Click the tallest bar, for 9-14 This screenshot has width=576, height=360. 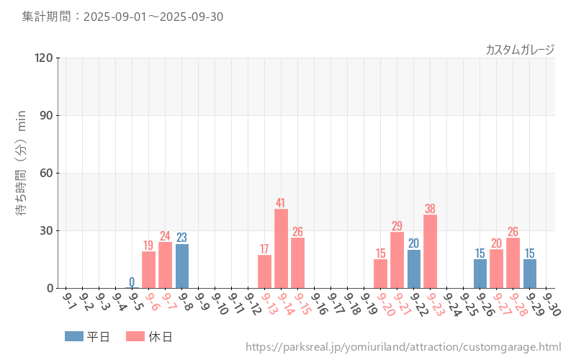click(x=281, y=248)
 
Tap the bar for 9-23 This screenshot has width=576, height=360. click(x=430, y=251)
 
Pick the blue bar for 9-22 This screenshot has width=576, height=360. click(x=413, y=269)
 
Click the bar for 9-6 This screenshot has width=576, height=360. click(x=149, y=270)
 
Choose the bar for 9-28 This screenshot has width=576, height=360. click(x=513, y=263)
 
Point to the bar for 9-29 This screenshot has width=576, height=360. click(x=529, y=274)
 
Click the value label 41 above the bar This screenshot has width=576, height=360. click(x=281, y=203)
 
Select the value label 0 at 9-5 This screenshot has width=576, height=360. click(x=132, y=282)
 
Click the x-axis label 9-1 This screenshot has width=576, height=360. click(x=71, y=299)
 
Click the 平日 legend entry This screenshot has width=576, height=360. click(x=87, y=336)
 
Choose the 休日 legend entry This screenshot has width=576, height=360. click(x=149, y=336)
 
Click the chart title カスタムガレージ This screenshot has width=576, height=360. click(x=520, y=50)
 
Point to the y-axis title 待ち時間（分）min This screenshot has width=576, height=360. click(x=22, y=172)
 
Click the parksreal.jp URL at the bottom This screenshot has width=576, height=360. click(x=403, y=347)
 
